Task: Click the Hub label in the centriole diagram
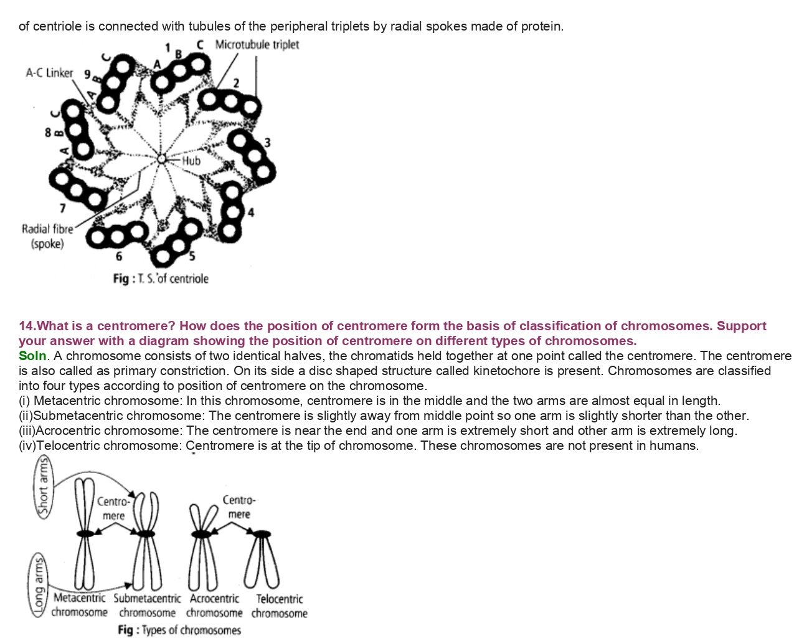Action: (x=191, y=161)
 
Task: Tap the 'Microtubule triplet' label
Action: (x=257, y=45)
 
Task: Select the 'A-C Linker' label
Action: (x=49, y=73)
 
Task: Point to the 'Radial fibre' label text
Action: (x=47, y=229)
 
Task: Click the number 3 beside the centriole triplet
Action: (x=267, y=143)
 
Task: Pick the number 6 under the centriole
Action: (x=119, y=256)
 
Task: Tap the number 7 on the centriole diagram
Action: (x=62, y=208)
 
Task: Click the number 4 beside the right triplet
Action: (x=251, y=212)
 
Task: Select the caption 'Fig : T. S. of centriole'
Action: (x=161, y=279)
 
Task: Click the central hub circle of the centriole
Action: (x=161, y=160)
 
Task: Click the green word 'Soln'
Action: (x=32, y=356)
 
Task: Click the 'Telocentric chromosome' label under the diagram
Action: (x=280, y=606)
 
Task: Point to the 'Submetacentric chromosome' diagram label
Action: (x=147, y=606)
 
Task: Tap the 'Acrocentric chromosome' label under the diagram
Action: (x=214, y=606)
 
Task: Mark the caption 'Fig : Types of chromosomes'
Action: (x=179, y=630)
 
